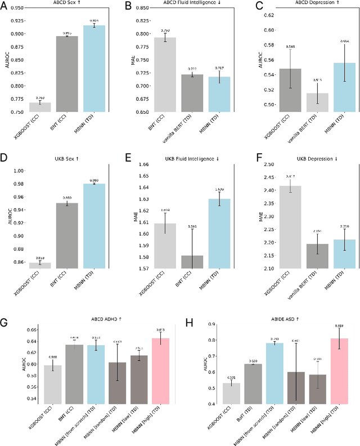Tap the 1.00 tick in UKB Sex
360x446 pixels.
20,171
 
